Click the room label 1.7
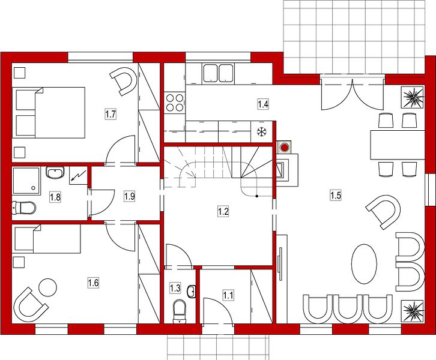pos(111,114)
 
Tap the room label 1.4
pos(263,104)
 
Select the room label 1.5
pos(336,195)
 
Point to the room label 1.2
pos(223,212)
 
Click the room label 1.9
pos(130,196)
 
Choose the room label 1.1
pos(228,295)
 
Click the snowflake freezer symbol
pos(261,132)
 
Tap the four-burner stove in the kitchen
pos(174,103)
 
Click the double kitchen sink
pos(218,73)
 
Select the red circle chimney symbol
pos(284,147)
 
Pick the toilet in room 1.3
pos(180,311)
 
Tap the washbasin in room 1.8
pos(55,173)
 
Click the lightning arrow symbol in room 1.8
pos(78,176)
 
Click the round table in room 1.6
pos(47,287)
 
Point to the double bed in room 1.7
pos(49,113)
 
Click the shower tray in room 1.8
pos(26,180)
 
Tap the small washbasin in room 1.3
pos(192,292)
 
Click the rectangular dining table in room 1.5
pos(398,145)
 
